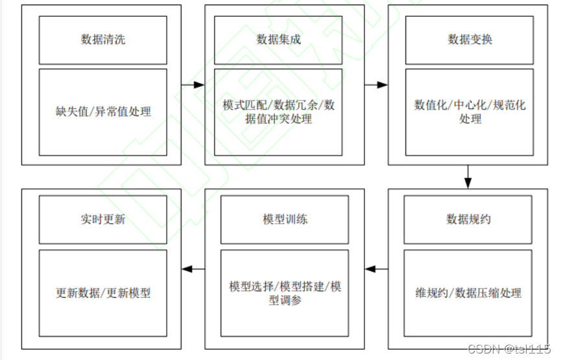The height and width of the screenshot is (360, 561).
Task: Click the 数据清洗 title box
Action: pyautogui.click(x=103, y=40)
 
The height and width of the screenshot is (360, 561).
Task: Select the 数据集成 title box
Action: pyautogui.click(x=279, y=40)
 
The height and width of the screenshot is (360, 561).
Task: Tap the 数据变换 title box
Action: pyautogui.click(x=470, y=40)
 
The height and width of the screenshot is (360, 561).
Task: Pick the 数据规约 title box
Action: pyautogui.click(x=469, y=219)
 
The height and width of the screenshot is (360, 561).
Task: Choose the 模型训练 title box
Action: pyautogui.click(x=285, y=219)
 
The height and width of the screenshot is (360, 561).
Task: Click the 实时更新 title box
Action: pyautogui.click(x=103, y=219)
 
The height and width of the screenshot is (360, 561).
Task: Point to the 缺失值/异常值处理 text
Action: pyautogui.click(x=103, y=112)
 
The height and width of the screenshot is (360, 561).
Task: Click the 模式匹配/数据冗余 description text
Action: pyautogui.click(x=279, y=112)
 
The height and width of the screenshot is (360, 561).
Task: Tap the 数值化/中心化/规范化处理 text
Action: pyautogui.click(x=470, y=112)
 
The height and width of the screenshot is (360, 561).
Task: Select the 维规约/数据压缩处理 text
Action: pyautogui.click(x=468, y=293)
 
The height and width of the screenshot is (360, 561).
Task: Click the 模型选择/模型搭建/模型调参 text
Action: pyautogui.click(x=285, y=293)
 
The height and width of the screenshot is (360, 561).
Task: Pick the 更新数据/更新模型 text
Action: pyautogui.click(x=103, y=293)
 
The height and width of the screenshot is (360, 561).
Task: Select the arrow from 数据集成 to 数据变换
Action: pyautogui.click(x=376, y=84)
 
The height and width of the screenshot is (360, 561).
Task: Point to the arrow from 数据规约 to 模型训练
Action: pyautogui.click(x=377, y=269)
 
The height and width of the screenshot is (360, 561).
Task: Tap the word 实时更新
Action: pyautogui.click(x=103, y=219)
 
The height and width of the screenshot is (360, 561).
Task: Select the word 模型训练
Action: pyautogui.click(x=285, y=219)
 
